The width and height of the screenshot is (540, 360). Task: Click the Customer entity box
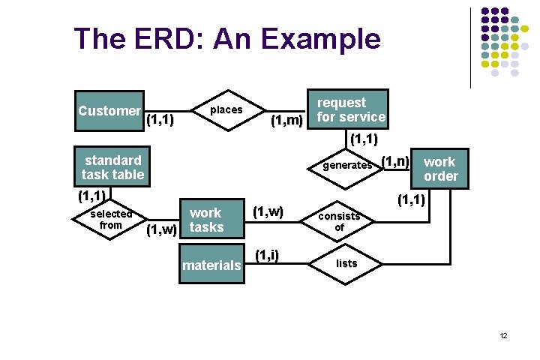109,111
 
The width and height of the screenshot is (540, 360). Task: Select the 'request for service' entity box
350,109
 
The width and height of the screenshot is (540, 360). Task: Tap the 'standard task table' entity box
112,167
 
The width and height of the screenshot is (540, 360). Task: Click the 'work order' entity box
439,169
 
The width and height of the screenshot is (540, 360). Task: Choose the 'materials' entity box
212,265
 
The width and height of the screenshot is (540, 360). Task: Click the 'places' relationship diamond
226,110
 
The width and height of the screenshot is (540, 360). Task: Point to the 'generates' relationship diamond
346,165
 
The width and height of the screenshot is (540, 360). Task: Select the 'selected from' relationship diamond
111,220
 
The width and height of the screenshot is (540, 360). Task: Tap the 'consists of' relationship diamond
339,221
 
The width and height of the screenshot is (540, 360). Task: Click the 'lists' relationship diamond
346,263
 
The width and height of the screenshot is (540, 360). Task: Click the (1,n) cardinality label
395,160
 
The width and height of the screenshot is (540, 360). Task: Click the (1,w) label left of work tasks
161,229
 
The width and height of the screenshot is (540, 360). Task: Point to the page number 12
503,335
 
